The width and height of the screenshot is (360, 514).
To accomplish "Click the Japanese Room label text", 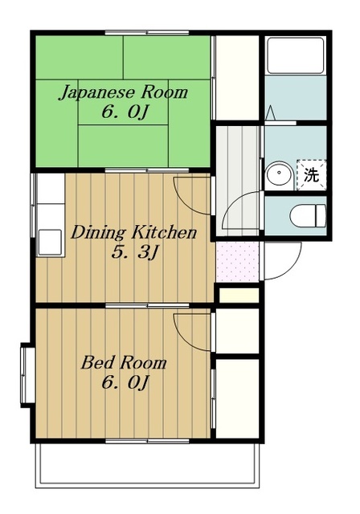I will click(122, 92).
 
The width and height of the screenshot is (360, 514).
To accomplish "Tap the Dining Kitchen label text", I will click(133, 234).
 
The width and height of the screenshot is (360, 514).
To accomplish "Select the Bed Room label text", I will click(123, 363).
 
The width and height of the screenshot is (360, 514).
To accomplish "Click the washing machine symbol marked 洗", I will click(310, 174).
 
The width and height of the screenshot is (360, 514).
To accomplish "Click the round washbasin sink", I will click(279, 174).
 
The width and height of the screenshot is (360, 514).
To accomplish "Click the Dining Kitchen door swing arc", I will click(193, 193).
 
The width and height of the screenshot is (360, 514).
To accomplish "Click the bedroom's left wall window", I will click(26, 373).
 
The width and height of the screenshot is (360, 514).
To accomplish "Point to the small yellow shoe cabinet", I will click(238, 295).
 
